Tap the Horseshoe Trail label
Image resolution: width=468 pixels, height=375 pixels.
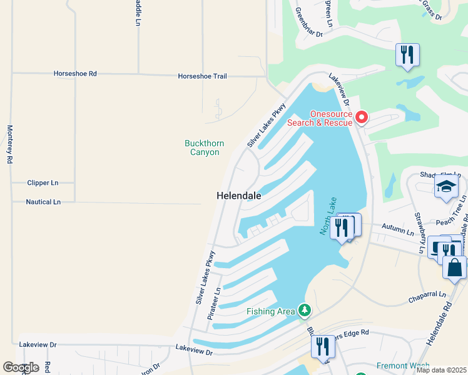pyautogui.click(x=202, y=76)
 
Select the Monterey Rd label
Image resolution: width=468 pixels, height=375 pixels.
pyautogui.click(x=9, y=144)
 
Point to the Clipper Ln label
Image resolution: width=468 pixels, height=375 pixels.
pyautogui.click(x=43, y=183)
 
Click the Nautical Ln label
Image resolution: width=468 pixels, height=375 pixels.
pyautogui.click(x=43, y=202)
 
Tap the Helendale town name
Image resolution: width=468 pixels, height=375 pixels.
pyautogui.click(x=238, y=196)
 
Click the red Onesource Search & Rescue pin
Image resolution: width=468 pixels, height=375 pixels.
pyautogui.click(x=361, y=117)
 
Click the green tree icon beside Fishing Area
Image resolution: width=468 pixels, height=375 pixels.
pyautogui.click(x=304, y=310)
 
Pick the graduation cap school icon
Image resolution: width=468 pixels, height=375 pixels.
pyautogui.click(x=446, y=187)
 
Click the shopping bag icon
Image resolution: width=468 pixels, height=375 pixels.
pyautogui.click(x=454, y=267)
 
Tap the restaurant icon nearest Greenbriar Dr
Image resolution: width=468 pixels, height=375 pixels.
pyautogui.click(x=407, y=54)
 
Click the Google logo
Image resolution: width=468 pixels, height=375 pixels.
pyautogui.click(x=21, y=367)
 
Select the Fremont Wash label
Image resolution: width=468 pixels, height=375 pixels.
pyautogui.click(x=402, y=366)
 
